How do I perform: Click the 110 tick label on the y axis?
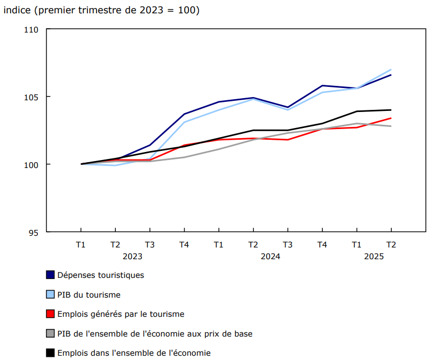(x=31, y=29)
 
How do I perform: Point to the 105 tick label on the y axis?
(x=31, y=97)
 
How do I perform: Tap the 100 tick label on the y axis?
(x=31, y=164)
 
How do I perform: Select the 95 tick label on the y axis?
(x=34, y=232)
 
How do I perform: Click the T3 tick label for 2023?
(x=149, y=245)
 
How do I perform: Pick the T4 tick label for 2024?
(x=322, y=245)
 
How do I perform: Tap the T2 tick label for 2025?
(x=391, y=245)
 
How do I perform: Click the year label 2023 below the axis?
(x=132, y=257)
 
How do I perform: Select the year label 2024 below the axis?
(x=270, y=257)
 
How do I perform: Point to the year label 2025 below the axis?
(x=374, y=257)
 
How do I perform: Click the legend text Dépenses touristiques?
(x=100, y=275)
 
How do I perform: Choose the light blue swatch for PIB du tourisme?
(x=51, y=294)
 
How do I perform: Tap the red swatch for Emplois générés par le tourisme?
(x=51, y=314)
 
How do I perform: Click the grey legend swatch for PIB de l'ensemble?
(x=51, y=333)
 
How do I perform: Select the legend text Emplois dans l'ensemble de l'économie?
(x=133, y=353)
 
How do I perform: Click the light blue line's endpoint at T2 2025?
(x=391, y=69)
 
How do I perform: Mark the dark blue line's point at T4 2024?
(x=322, y=85)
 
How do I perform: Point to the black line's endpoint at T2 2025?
(x=391, y=110)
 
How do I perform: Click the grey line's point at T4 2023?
(x=184, y=157)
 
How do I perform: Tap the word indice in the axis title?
(x=18, y=10)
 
